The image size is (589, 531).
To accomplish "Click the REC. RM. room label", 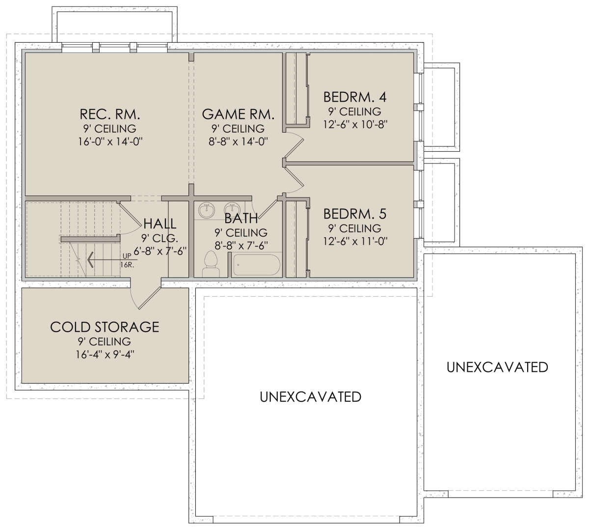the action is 110,114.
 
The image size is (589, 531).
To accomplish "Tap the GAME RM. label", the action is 238,114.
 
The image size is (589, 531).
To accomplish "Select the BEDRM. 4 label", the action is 355,97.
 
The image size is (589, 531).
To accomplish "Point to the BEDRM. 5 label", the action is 355,214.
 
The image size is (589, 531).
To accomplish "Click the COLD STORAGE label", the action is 105,327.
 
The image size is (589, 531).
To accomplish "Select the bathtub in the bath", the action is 256,265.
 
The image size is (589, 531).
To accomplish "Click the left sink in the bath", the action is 207,210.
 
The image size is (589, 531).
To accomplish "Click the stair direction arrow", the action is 111,260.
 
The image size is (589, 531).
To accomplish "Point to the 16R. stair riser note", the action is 127,265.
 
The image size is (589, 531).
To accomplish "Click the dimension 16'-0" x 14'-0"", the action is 110,141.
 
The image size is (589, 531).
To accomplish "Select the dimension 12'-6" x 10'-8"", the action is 355,125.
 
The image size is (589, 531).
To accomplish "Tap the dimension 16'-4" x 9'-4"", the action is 105,354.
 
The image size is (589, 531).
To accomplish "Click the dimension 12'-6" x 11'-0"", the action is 355,241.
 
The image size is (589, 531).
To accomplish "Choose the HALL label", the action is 160,224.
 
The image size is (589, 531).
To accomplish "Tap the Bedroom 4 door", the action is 294,148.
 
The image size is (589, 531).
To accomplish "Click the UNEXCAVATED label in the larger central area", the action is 310,397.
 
